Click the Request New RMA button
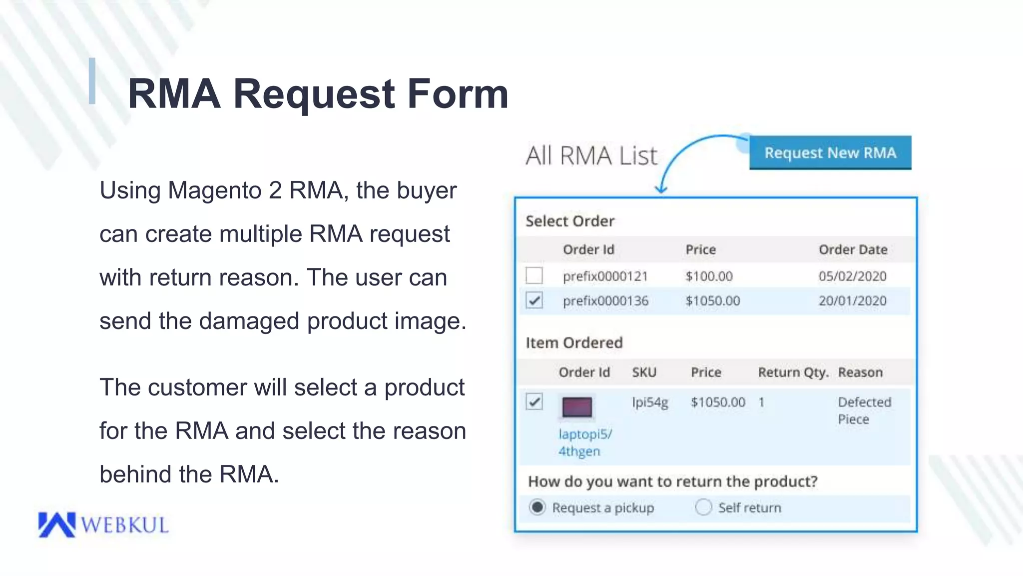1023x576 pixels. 830,152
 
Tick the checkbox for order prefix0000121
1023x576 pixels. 534,275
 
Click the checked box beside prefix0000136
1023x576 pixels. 534,300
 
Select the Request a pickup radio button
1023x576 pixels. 537,507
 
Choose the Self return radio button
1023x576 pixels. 703,507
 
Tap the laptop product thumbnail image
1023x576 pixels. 577,407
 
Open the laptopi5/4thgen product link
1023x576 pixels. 585,442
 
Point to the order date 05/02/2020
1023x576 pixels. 852,276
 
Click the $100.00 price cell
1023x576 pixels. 709,276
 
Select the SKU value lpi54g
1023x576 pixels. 650,402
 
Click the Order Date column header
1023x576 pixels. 853,249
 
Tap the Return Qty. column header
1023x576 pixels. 793,372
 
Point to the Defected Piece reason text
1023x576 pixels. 864,410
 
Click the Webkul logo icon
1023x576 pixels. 56,524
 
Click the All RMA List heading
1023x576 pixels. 591,155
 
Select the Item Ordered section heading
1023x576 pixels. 574,343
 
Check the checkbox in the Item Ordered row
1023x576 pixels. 534,401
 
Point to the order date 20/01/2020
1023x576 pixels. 852,301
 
